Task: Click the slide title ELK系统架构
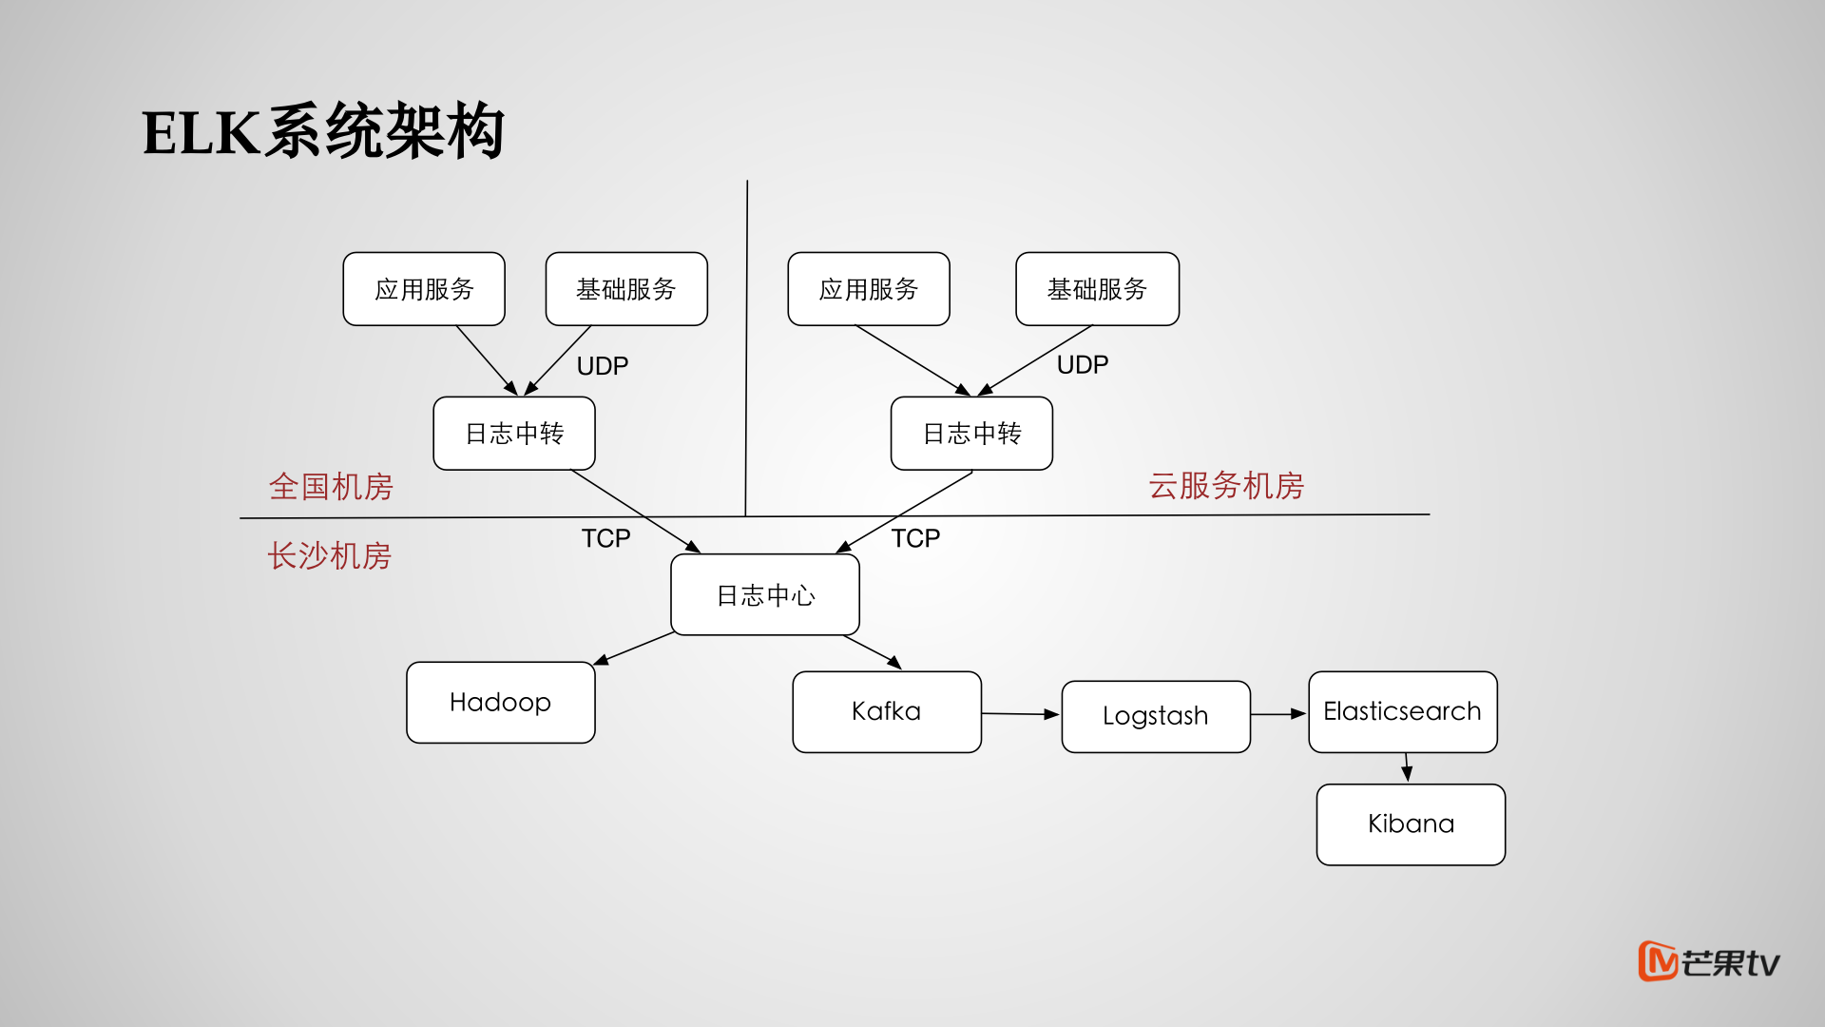pyautogui.click(x=323, y=131)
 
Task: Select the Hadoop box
pyautogui.click(x=500, y=703)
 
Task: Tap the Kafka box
pyautogui.click(x=886, y=712)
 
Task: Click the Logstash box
pyautogui.click(x=1155, y=716)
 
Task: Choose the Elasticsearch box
pyautogui.click(x=1402, y=712)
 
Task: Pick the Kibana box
pyautogui.click(x=1411, y=824)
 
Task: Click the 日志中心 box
pyautogui.click(x=765, y=595)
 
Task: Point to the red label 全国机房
pyautogui.click(x=331, y=487)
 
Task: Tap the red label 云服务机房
pyautogui.click(x=1226, y=486)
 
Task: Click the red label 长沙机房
pyautogui.click(x=329, y=556)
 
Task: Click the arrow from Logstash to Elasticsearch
pyautogui.click(x=1278, y=714)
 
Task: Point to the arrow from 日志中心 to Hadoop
pyautogui.click(x=635, y=648)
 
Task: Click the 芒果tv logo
pyautogui.click(x=1708, y=962)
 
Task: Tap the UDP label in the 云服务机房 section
pyautogui.click(x=1083, y=365)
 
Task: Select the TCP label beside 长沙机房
pyautogui.click(x=605, y=539)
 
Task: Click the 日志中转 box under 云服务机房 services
pyautogui.click(x=971, y=434)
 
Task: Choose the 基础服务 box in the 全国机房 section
pyautogui.click(x=626, y=289)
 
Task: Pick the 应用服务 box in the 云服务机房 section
pyautogui.click(x=869, y=289)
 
